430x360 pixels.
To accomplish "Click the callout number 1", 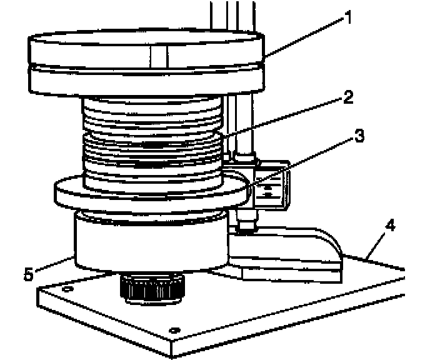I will click(347, 17).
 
